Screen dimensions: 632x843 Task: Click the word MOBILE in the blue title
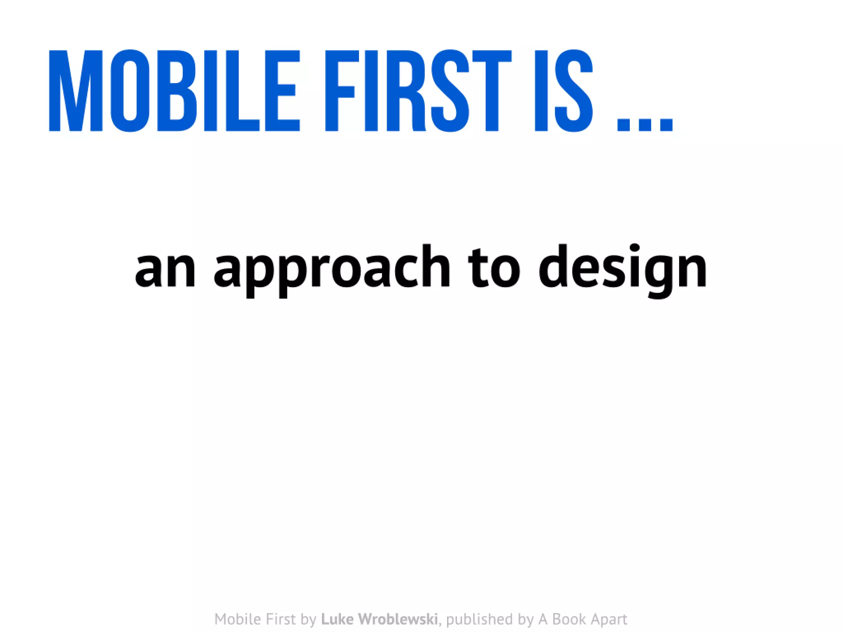pyautogui.click(x=174, y=91)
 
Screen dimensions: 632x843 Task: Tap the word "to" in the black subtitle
pyautogui.click(x=494, y=267)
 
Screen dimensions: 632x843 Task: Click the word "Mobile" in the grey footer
pyautogui.click(x=238, y=619)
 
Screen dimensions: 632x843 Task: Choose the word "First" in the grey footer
pyautogui.click(x=281, y=619)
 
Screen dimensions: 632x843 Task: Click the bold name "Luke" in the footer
pyautogui.click(x=338, y=619)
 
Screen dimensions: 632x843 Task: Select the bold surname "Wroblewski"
pyautogui.click(x=398, y=619)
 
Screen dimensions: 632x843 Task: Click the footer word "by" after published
pyautogui.click(x=526, y=620)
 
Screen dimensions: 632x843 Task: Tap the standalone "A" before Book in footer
pyautogui.click(x=543, y=619)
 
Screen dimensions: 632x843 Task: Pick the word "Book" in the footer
pyautogui.click(x=568, y=619)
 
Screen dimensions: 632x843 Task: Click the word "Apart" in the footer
pyautogui.click(x=608, y=619)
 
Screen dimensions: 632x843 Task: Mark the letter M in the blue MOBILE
pyautogui.click(x=76, y=91)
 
